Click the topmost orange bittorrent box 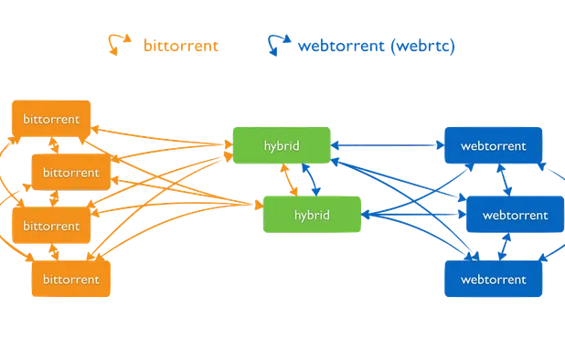click(x=51, y=120)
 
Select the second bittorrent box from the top click(x=72, y=171)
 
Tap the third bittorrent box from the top click(x=51, y=225)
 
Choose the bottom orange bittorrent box click(x=72, y=279)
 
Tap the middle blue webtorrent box click(x=515, y=216)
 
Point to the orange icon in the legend click(x=117, y=45)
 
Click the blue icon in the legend click(x=277, y=44)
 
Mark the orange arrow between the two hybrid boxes click(x=291, y=180)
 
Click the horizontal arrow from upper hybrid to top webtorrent click(x=385, y=144)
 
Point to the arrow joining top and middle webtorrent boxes click(x=506, y=180)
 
